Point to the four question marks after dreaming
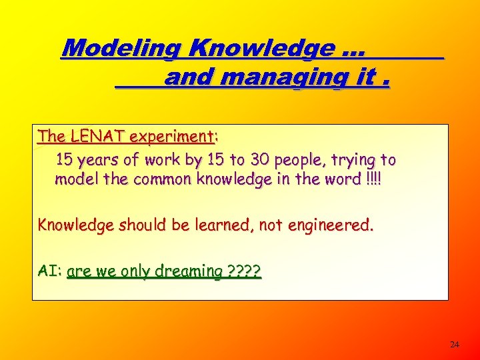click(x=245, y=271)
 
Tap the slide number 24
click(x=455, y=345)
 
